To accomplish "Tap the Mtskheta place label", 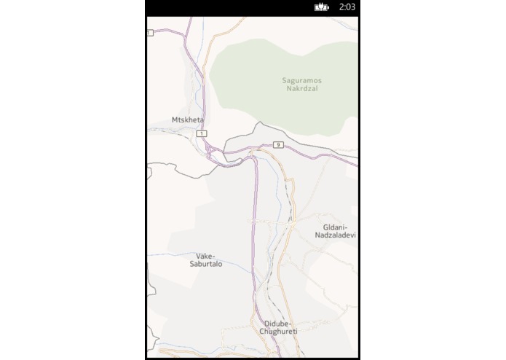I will [188, 119].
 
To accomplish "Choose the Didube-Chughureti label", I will [277, 327].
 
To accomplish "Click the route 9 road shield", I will [278, 145].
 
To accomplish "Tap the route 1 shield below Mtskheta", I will [201, 134].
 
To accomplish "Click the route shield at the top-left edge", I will [149, 33].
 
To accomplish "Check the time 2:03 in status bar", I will [347, 7].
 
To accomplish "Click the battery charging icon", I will [322, 7].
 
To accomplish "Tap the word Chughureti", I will [277, 332].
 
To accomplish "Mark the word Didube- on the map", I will [277, 323].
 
